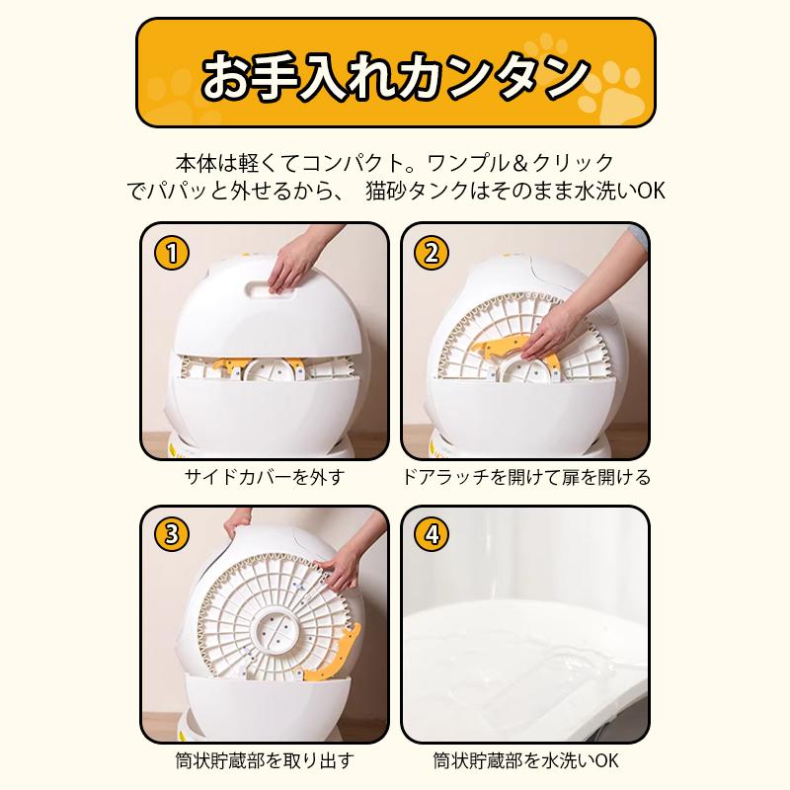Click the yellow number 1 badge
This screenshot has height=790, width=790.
point(172,253)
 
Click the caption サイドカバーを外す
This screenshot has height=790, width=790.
point(264,478)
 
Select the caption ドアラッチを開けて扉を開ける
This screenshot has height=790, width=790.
point(525,478)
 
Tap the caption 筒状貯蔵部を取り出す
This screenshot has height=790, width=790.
point(264,761)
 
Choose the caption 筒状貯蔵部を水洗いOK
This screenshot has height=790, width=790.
point(525,761)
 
